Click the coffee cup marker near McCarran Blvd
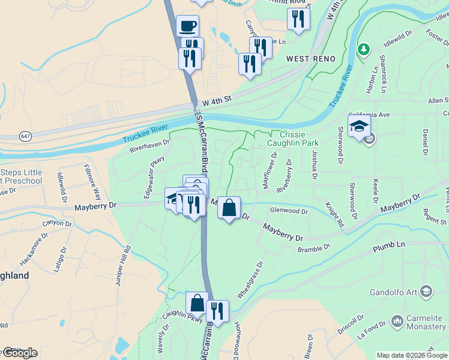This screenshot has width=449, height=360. [x=188, y=26]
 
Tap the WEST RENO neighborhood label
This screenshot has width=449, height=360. [x=309, y=58]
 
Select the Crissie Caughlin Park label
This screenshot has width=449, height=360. [x=299, y=139]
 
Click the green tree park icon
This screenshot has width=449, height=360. [x=363, y=48]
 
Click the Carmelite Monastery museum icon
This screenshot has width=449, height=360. [x=397, y=321]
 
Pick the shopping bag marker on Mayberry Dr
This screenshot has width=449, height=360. [x=229, y=208]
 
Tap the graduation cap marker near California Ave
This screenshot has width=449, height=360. [x=359, y=126]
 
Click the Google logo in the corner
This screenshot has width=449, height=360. [x=20, y=353]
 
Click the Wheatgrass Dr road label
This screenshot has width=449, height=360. [x=251, y=280]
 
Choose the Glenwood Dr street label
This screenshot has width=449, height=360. [x=289, y=211]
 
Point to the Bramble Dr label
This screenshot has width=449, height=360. [x=314, y=247]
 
